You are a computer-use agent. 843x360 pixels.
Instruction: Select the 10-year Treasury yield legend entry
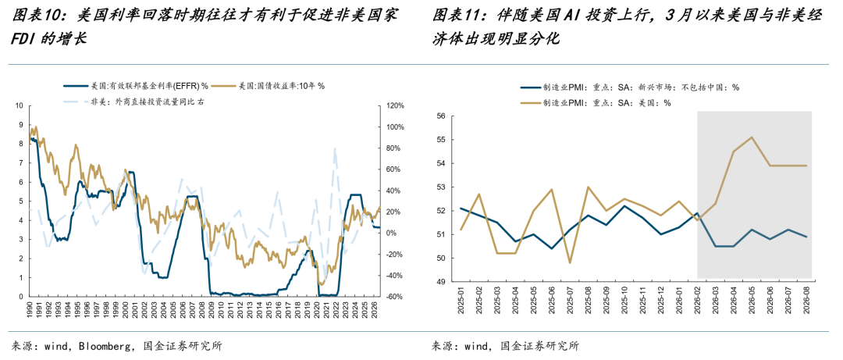point(269,86)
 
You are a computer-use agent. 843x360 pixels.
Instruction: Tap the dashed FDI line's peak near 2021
point(335,148)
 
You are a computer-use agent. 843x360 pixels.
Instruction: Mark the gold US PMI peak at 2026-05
point(752,137)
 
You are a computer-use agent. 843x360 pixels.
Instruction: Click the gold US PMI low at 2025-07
point(569,262)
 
